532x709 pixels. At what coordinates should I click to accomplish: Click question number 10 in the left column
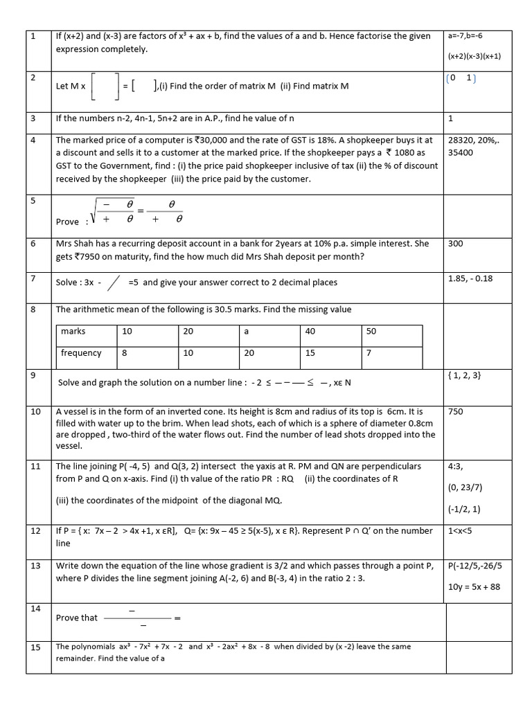[35, 411]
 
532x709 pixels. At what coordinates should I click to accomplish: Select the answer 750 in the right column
[455, 411]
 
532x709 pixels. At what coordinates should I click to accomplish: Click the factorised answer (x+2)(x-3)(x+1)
[475, 57]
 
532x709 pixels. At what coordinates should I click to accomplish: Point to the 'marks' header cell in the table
[73, 332]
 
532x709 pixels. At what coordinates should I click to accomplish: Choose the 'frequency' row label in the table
[81, 353]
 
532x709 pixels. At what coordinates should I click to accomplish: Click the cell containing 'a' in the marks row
[247, 332]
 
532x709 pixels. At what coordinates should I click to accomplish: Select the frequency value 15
[310, 353]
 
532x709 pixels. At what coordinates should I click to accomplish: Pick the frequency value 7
[369, 353]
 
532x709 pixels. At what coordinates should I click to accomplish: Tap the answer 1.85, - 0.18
[470, 278]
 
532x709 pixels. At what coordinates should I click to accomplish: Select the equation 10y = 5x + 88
[474, 587]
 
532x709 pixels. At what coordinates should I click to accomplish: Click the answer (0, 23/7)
[465, 487]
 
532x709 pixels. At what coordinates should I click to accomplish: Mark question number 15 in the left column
[35, 647]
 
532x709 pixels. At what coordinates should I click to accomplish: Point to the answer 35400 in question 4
[461, 152]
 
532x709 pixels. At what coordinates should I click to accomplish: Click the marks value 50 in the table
[371, 332]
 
